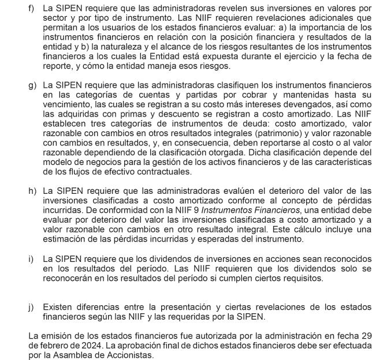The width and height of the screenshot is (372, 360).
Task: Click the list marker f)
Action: click(32, 9)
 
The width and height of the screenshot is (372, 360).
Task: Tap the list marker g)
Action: click(32, 84)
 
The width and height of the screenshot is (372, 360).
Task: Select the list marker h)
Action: click(32, 190)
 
